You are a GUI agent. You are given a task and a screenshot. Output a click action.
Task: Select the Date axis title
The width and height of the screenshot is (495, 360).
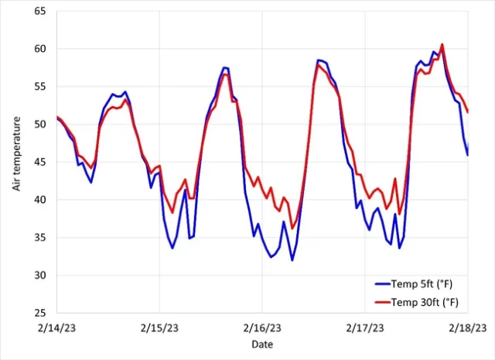pos(261,344)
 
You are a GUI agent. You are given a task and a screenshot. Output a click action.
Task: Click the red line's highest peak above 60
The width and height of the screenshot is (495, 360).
pos(442,44)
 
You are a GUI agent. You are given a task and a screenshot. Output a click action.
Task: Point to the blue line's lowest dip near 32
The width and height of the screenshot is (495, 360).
pos(292,260)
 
